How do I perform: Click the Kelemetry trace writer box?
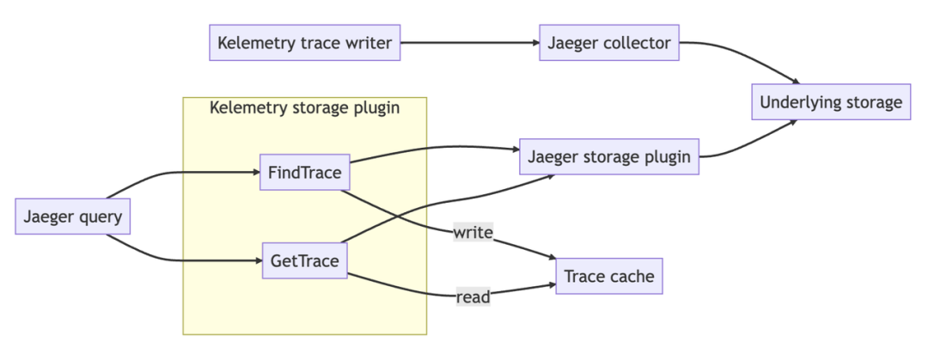tap(305, 42)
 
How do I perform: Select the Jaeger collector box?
tap(608, 42)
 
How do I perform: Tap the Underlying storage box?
tap(831, 103)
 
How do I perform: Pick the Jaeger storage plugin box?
tap(610, 156)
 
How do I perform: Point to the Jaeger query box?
tap(73, 216)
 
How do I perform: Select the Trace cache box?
tap(609, 276)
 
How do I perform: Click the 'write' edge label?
tap(473, 232)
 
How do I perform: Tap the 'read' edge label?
tap(473, 297)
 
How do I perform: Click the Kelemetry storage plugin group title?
tap(305, 107)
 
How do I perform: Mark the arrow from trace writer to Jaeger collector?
tap(468, 42)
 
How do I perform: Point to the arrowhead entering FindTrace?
tap(255, 174)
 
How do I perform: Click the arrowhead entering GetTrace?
tap(256, 259)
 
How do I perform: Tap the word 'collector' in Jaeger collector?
tap(638, 42)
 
